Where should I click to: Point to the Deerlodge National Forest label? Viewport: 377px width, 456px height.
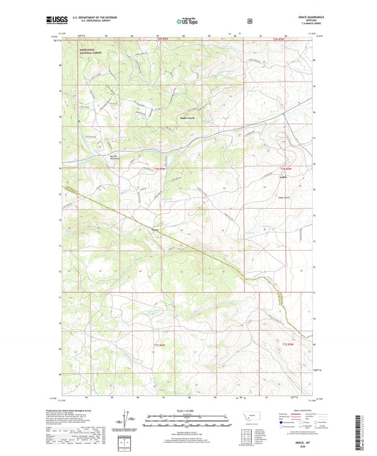coord(91,52)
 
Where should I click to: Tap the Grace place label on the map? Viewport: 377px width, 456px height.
coord(155,229)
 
